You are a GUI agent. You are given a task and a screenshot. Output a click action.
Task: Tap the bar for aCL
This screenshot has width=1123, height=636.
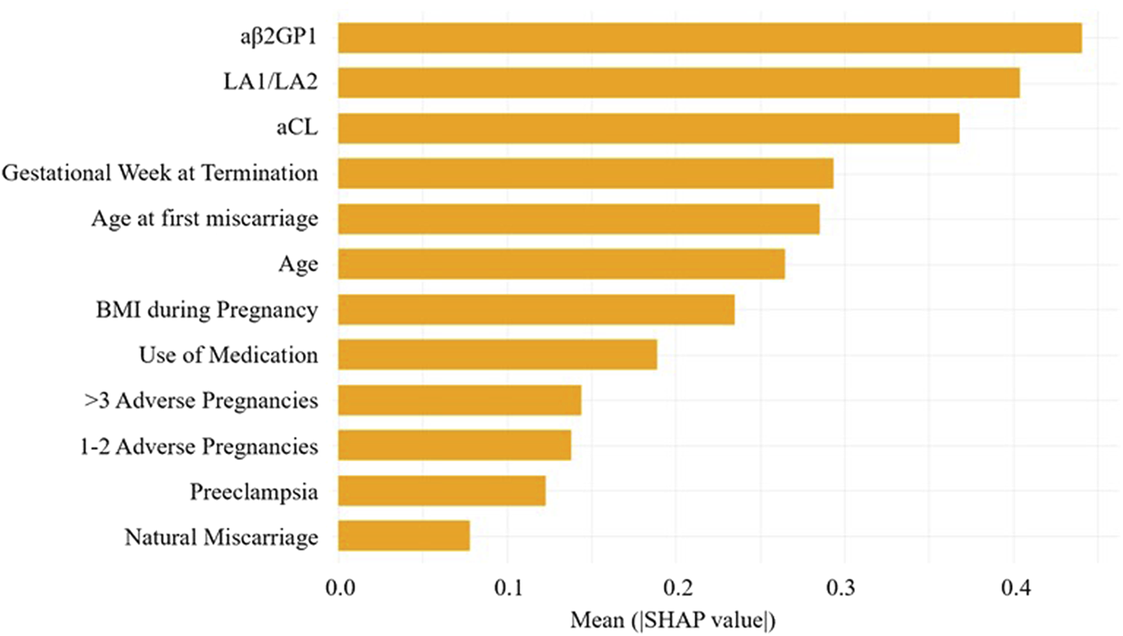point(648,128)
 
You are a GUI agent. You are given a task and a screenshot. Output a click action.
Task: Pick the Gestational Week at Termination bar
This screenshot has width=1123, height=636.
point(586,174)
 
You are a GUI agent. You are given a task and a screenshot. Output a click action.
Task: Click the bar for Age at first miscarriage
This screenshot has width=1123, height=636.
point(579,219)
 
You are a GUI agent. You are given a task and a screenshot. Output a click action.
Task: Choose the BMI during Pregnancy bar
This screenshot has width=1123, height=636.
point(536,310)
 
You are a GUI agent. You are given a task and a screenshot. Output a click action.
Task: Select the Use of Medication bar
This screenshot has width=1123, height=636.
point(497,355)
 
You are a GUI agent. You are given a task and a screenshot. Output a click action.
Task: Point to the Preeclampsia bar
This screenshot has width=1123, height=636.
point(441,491)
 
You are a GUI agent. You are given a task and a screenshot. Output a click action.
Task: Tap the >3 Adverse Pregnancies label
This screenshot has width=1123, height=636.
point(200,401)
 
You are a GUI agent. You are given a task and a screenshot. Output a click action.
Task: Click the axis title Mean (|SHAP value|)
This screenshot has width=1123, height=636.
point(675,620)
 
